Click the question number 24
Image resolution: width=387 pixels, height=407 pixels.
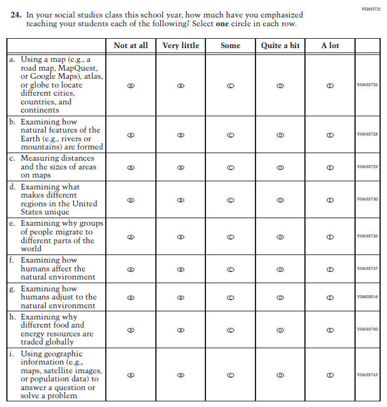pos(16,14)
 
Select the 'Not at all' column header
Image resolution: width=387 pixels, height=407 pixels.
pos(131,46)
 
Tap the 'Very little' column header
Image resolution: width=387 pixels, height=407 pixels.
pos(181,46)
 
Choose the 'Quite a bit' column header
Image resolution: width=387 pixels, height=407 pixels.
pos(280,46)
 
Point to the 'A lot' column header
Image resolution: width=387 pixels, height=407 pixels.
pos(330,46)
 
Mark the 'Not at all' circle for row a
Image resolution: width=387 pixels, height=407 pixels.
pos(131,85)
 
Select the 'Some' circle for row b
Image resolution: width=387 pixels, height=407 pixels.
pos(230,134)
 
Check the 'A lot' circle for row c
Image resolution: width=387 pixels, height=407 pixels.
pos(330,167)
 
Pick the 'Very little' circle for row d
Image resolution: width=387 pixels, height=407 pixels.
pos(181,200)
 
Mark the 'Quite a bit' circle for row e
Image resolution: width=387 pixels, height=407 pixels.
pos(280,236)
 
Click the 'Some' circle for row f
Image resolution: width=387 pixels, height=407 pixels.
pos(230,269)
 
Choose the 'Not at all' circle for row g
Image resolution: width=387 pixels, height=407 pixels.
pos(131,298)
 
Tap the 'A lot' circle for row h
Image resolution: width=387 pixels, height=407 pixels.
pos(330,329)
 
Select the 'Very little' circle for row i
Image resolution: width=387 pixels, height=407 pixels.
pos(181,375)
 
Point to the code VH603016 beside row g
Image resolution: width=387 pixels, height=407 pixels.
pos(368,297)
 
